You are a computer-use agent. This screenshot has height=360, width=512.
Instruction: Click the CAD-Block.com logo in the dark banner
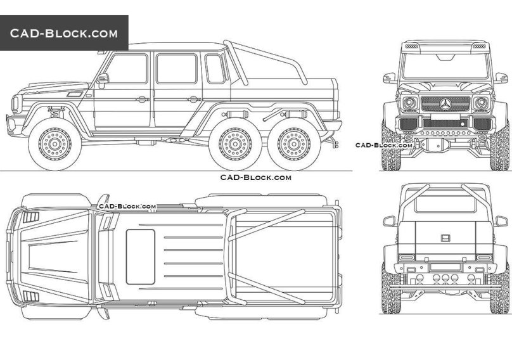(63, 33)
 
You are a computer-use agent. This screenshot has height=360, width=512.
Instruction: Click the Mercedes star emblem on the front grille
(445, 104)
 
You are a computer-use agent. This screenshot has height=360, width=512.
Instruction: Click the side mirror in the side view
(102, 79)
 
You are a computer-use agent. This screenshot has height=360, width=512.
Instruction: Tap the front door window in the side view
(128, 68)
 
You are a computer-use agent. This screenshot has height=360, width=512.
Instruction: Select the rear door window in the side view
(176, 68)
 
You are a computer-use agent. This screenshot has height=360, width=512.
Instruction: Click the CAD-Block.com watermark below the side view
(255, 177)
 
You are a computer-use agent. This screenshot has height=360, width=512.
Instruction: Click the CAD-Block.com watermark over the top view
(127, 207)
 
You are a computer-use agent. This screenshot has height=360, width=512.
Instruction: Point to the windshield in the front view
(445, 66)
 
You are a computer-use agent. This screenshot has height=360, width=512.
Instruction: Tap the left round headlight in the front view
(410, 103)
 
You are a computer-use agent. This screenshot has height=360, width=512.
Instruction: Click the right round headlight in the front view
(481, 103)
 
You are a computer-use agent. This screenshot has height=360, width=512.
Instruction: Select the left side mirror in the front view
(389, 78)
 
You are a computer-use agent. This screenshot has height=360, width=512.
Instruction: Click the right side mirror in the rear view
(501, 221)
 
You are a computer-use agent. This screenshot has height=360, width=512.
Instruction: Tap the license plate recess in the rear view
(445, 239)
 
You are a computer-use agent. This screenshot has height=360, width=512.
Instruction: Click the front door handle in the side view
(143, 100)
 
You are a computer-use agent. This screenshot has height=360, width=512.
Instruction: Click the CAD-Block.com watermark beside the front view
(384, 145)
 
